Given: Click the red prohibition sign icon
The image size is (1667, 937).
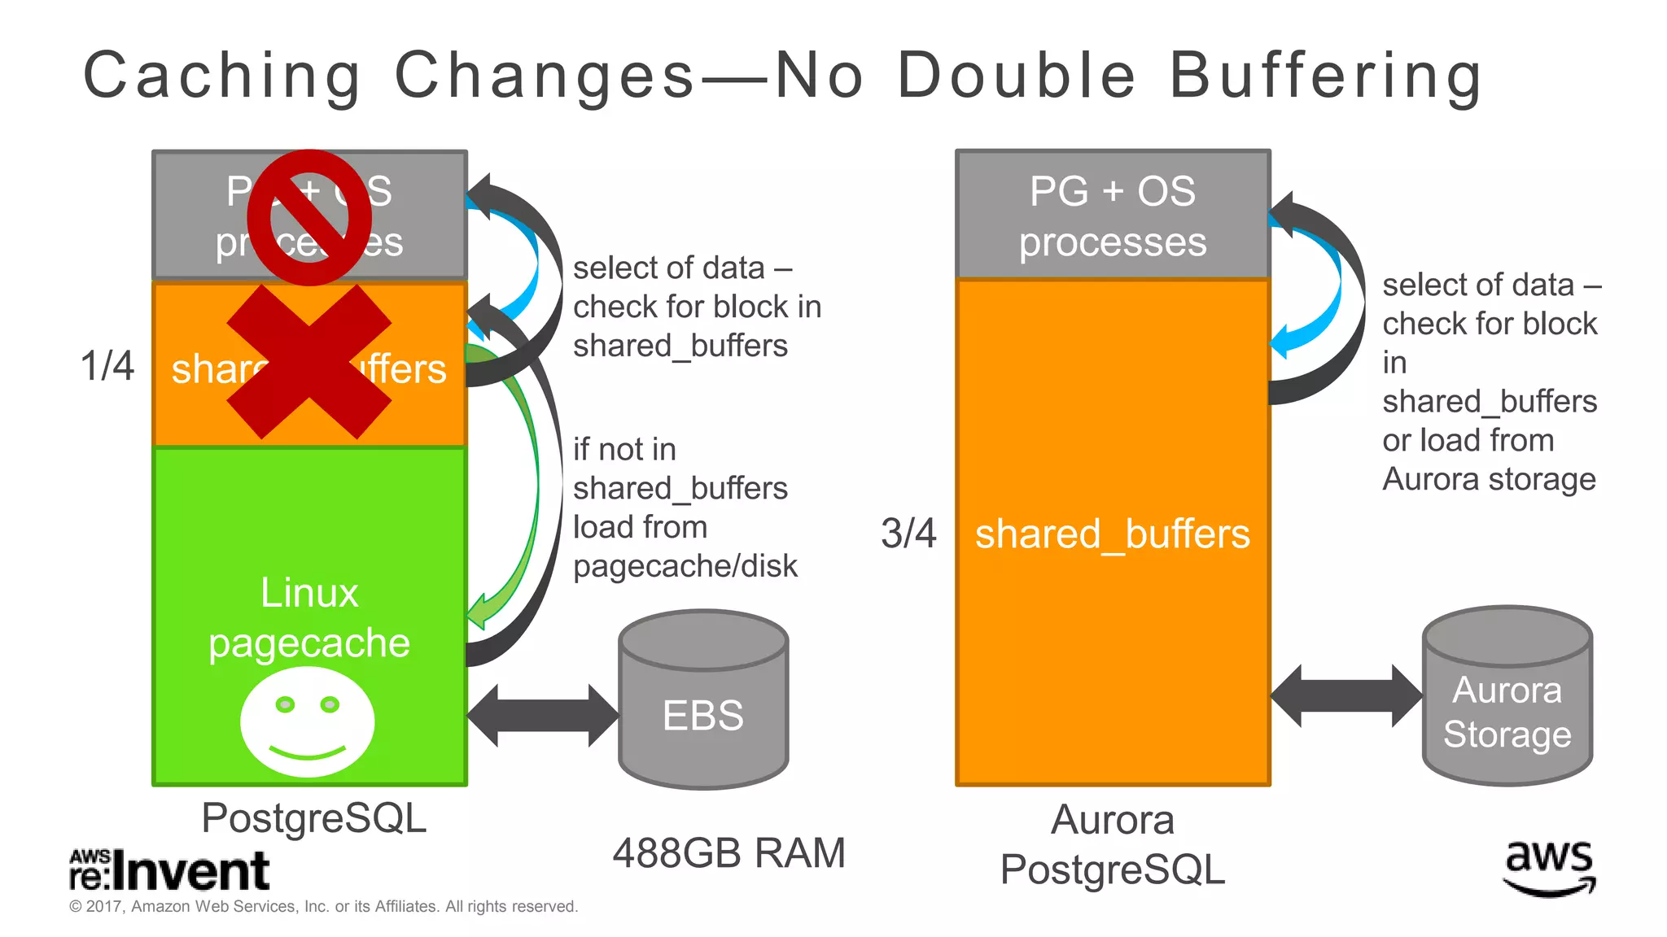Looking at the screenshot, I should click(x=309, y=217).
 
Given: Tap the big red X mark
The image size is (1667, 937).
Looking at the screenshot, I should click(x=309, y=362).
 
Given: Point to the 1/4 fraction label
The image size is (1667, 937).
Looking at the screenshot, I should click(x=107, y=366).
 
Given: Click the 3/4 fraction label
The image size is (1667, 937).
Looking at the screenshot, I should click(x=908, y=534).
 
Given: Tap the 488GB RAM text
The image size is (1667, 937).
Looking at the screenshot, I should click(x=729, y=853).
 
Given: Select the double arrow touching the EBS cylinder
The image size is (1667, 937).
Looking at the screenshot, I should click(x=542, y=716).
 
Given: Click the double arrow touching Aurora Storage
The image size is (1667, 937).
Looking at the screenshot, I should click(x=1346, y=696).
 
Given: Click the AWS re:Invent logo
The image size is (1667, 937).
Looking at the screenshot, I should click(x=169, y=870).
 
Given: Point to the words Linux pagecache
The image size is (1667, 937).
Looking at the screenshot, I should click(x=309, y=617).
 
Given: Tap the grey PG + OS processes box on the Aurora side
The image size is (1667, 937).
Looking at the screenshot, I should click(x=1113, y=216).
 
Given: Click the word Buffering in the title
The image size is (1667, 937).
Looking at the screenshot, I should click(x=1325, y=76).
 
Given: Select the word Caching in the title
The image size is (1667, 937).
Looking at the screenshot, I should click(x=222, y=76).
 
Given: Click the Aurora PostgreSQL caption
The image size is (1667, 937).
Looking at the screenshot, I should click(x=1113, y=844).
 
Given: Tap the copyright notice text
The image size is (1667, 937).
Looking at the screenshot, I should click(x=324, y=906).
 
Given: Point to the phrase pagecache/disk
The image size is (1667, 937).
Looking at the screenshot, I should click(x=685, y=566).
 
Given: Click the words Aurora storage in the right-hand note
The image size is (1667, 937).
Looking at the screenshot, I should click(x=1489, y=479).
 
